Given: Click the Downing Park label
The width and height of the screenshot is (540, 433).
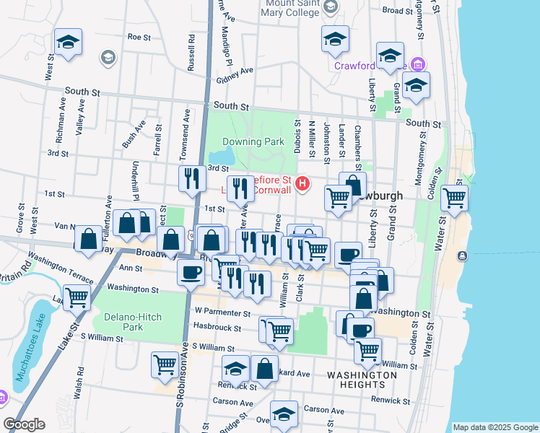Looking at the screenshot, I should tap(253, 142).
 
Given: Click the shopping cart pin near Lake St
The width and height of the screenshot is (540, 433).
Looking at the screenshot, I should tap(77, 296).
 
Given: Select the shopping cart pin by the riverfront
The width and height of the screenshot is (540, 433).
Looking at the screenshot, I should tap(454, 196).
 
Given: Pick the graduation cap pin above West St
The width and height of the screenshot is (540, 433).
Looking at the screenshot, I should tap(68, 42).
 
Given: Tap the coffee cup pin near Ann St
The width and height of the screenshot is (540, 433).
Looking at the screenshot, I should tap(191, 273).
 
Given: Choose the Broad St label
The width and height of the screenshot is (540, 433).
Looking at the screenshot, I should tap(397, 10).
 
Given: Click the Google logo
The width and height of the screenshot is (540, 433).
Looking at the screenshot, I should tap(24, 424).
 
